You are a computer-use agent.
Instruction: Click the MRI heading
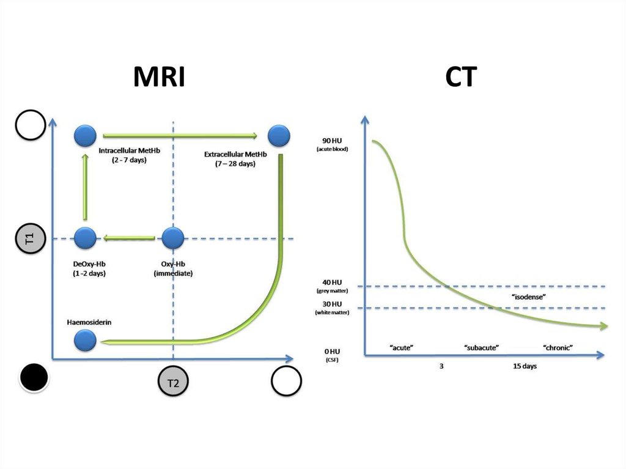(x=159, y=77)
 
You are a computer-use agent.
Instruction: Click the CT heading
(x=461, y=77)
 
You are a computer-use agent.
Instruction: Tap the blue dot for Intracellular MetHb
(x=86, y=135)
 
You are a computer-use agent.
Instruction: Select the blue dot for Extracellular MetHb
(x=279, y=135)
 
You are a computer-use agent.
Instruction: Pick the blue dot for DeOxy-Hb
(x=86, y=237)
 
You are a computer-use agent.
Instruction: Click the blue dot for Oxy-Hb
(x=173, y=237)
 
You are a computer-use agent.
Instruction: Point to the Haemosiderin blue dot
(x=86, y=340)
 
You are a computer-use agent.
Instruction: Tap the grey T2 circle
(x=173, y=383)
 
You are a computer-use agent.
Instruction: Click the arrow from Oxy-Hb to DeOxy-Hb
(x=129, y=237)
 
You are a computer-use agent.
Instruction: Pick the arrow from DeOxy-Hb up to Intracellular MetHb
(x=86, y=186)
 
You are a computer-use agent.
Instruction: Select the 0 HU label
(x=331, y=352)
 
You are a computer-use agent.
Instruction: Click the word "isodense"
(x=528, y=297)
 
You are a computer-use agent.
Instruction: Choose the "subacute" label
(x=482, y=347)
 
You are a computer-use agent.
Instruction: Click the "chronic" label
(x=558, y=347)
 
